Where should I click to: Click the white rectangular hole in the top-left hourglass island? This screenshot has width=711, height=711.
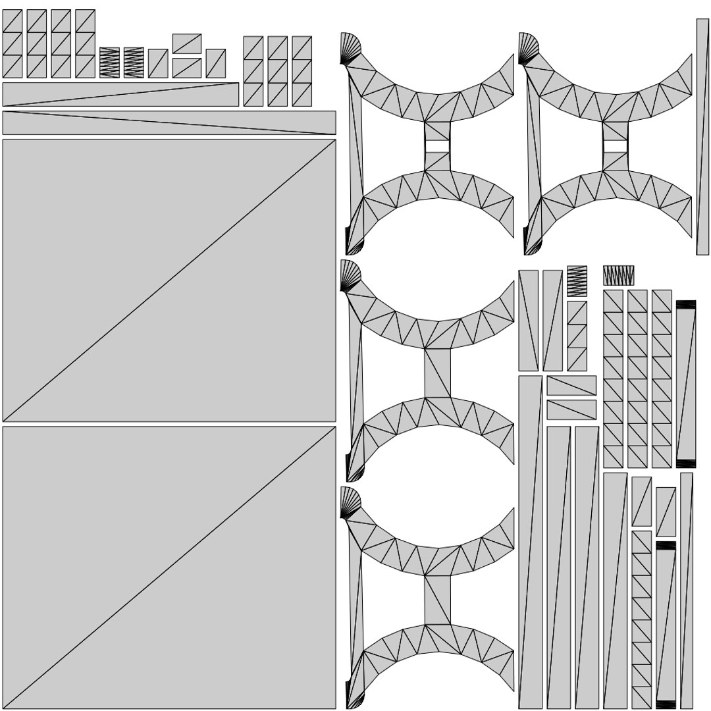(437, 145)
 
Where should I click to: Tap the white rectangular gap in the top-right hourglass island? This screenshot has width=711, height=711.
(615, 145)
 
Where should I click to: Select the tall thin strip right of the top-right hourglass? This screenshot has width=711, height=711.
(702, 137)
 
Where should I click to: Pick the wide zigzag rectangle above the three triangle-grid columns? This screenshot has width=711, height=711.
(618, 275)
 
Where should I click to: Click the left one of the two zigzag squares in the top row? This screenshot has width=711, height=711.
(109, 63)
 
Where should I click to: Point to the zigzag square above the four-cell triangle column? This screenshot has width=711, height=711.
(576, 281)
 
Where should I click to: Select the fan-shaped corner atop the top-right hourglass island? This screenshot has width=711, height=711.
(527, 48)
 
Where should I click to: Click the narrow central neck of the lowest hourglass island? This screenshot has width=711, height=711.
(437, 600)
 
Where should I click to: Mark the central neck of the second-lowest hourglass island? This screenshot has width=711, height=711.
(437, 373)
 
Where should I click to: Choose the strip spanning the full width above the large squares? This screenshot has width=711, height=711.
(169, 122)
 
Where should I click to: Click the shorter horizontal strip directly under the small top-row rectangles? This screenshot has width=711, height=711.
(120, 94)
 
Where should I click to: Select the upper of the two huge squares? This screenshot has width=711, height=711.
(169, 280)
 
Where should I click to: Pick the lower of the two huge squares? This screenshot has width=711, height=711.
(169, 567)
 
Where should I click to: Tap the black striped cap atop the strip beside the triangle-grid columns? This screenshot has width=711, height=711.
(686, 304)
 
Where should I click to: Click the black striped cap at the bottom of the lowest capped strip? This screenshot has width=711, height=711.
(666, 704)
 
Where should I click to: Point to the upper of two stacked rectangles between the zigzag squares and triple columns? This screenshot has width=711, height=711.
(186, 43)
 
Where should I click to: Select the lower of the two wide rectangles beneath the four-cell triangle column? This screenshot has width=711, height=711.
(571, 409)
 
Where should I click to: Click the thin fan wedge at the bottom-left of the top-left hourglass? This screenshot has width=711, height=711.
(354, 247)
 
